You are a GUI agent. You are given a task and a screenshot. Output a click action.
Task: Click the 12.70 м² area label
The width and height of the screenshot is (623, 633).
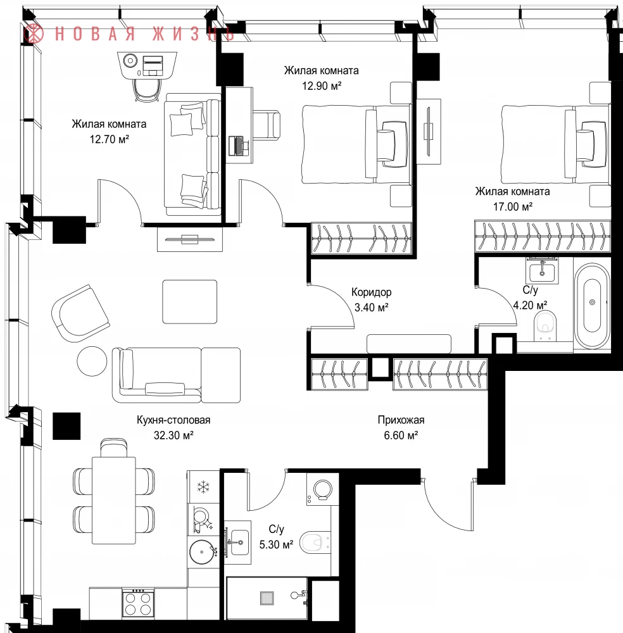pos(109,139)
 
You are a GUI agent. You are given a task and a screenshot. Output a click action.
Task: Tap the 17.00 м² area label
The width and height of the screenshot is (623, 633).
pos(512,207)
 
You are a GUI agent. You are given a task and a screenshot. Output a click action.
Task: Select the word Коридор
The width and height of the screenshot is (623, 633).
pos(371,292)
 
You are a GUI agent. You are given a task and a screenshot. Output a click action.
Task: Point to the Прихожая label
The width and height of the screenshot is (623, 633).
pos(401,420)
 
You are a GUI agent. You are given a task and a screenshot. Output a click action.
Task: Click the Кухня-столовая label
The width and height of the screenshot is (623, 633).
pos(173,420)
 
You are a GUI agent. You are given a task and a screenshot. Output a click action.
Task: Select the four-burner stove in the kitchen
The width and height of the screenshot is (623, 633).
pos(139,603)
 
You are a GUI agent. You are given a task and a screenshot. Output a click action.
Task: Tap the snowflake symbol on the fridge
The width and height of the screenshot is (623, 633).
pos(203,487)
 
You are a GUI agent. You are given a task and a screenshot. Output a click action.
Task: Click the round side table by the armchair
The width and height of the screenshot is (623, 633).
pos(92,361)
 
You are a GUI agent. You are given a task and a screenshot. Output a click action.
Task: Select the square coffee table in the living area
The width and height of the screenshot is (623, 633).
pos(190,301)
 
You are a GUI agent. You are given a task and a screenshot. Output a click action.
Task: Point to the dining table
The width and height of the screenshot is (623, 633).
pos(114,500)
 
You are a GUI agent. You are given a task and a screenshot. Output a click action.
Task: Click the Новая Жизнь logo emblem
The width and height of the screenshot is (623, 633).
pos(34,33)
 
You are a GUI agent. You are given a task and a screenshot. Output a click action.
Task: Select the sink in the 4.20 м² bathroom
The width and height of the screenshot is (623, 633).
pos(542,270)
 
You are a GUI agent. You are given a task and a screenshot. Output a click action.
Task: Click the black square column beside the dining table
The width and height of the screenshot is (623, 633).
pos(66,426)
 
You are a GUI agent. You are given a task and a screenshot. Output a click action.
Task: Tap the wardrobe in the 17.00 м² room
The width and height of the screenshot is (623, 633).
pos(543,236)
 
